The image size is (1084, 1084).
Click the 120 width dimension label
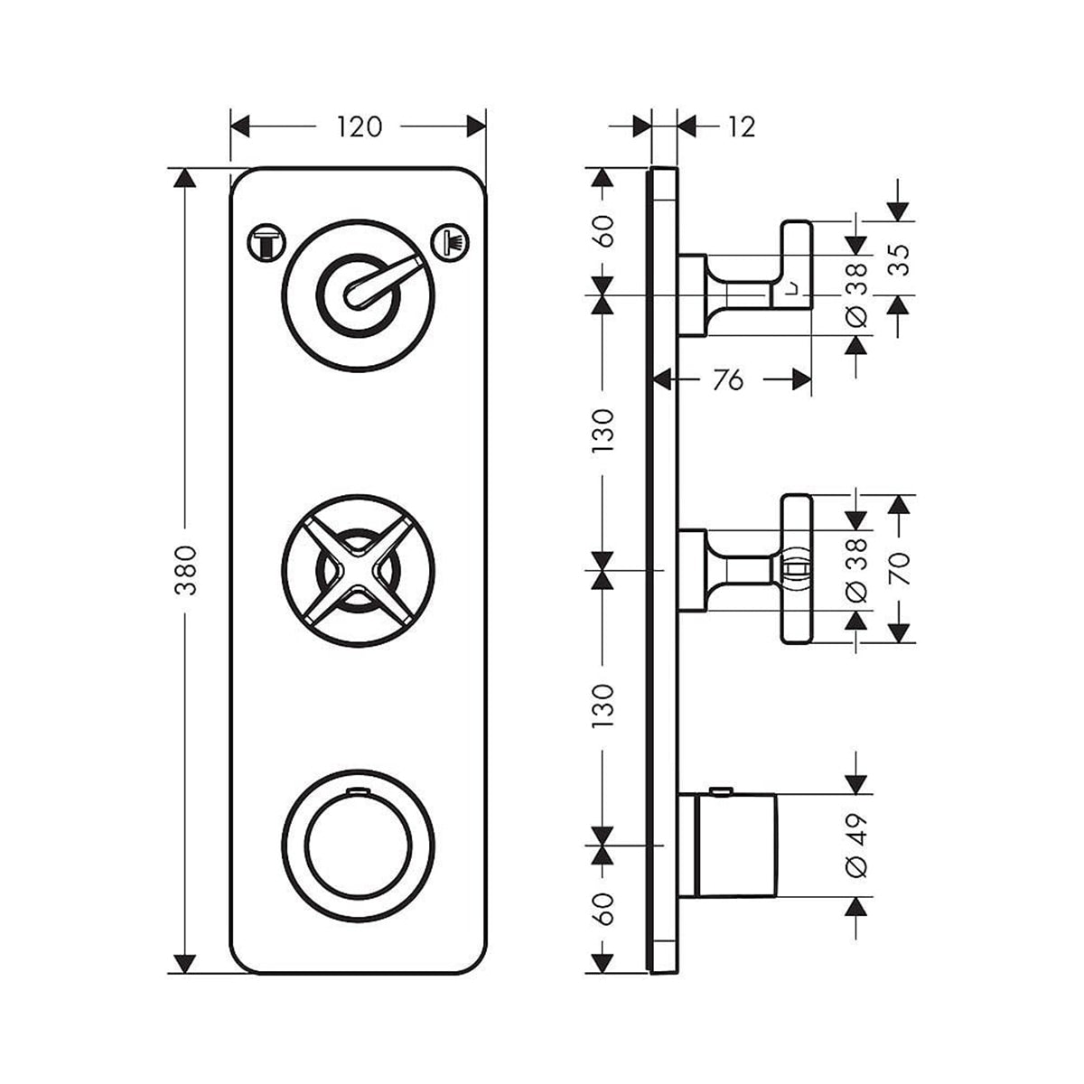tap(360, 127)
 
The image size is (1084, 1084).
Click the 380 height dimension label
tap(187, 571)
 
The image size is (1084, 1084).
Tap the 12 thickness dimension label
tap(740, 127)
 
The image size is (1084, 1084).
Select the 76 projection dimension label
tap(728, 380)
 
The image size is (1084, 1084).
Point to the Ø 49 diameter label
tap(856, 844)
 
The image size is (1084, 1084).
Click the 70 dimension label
tap(899, 569)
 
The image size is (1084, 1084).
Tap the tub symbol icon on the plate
tap(266, 243)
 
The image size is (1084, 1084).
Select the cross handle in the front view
tap(358, 570)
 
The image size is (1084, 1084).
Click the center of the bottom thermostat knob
tap(358, 844)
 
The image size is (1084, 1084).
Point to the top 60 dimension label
tap(604, 231)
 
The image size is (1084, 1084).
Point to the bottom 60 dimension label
tap(604, 908)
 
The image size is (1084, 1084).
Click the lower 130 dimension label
tap(604, 706)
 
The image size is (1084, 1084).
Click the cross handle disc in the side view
tap(797, 569)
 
